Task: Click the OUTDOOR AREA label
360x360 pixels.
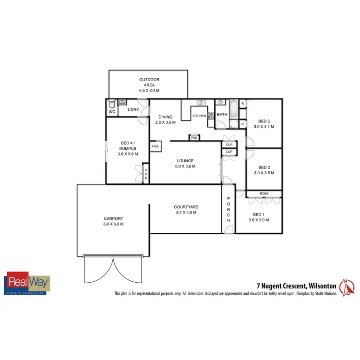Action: point(149,85)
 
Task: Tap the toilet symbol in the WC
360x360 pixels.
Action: point(112,104)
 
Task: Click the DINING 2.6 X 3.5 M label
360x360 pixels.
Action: point(165,120)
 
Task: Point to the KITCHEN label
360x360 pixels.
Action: point(199,116)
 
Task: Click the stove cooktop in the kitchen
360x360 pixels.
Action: point(210,115)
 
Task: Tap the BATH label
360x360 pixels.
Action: point(222,115)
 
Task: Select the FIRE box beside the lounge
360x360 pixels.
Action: point(155,146)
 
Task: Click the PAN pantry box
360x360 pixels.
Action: point(194,138)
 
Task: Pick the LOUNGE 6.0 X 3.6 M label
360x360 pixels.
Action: point(185,164)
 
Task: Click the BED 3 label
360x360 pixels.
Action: point(264,124)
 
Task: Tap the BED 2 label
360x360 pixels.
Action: point(264,170)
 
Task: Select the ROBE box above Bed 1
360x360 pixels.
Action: point(264,193)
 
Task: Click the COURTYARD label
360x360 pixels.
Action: point(186,210)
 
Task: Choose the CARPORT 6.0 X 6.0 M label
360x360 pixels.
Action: point(113,221)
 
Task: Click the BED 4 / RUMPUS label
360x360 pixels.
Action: point(128,148)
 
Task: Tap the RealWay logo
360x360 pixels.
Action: point(27,283)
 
